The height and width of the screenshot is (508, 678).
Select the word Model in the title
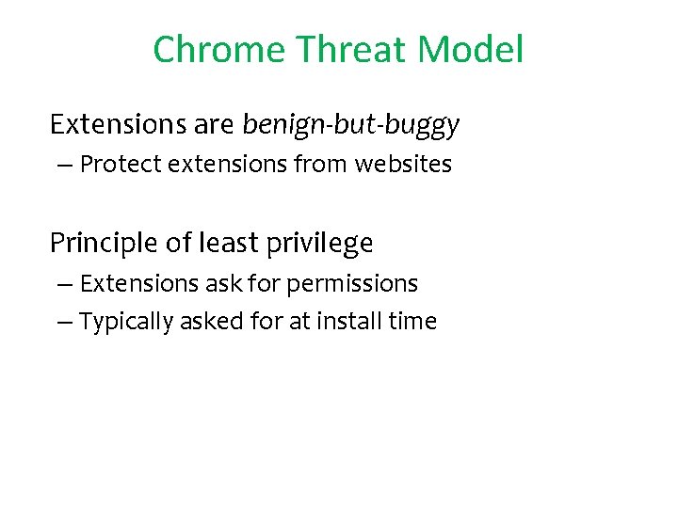(475, 49)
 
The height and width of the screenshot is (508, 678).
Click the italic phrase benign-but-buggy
(351, 124)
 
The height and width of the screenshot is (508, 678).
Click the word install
(349, 322)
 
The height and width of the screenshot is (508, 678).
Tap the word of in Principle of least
(179, 244)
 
